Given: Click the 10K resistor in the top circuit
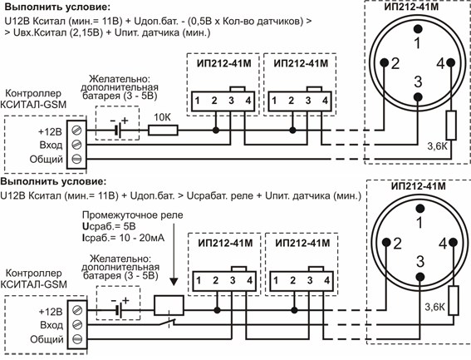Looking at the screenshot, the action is pyautogui.click(x=163, y=131).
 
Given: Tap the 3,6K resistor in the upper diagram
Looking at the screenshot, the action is pyautogui.click(x=451, y=126).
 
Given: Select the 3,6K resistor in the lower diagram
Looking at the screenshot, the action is pyautogui.click(x=454, y=301).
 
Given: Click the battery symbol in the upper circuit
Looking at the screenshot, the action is pyautogui.click(x=118, y=131).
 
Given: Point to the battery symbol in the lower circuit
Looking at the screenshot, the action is pyautogui.click(x=119, y=310).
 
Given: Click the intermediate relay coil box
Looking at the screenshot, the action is pyautogui.click(x=169, y=306).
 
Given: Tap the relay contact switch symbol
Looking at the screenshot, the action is pyautogui.click(x=167, y=323).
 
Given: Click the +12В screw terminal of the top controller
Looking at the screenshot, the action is pyautogui.click(x=77, y=131).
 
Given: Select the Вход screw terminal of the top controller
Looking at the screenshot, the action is pyautogui.click(x=77, y=145).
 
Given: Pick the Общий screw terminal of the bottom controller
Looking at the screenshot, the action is pyautogui.click(x=77, y=339).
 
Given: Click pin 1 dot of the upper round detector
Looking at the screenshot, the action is pyautogui.click(x=418, y=29).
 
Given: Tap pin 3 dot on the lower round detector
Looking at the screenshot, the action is pyautogui.click(x=420, y=277).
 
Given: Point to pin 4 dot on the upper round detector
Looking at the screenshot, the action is pyautogui.click(x=450, y=62).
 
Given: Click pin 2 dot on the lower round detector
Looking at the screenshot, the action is pyautogui.click(x=386, y=242).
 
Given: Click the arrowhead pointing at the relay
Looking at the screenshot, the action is pyautogui.click(x=174, y=282).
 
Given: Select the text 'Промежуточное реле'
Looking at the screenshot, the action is pyautogui.click(x=132, y=215).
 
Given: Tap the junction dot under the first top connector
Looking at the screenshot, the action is pyautogui.click(x=215, y=131).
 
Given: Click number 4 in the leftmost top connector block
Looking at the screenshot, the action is pyautogui.click(x=248, y=101).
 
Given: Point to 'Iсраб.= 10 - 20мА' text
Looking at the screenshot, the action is pyautogui.click(x=123, y=238).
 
